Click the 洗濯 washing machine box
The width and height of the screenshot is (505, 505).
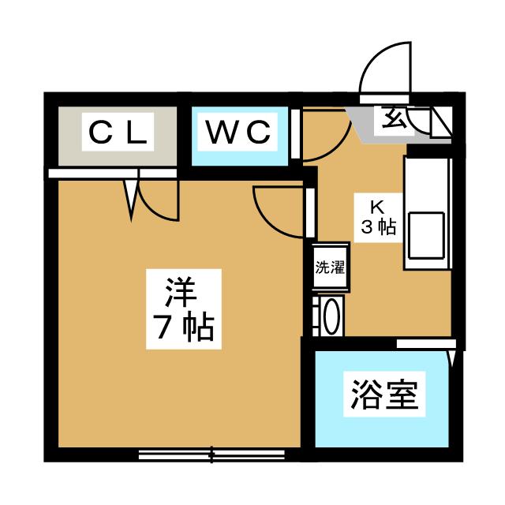click(x=330, y=267)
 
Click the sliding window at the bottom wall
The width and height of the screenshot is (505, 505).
click(x=211, y=454)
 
